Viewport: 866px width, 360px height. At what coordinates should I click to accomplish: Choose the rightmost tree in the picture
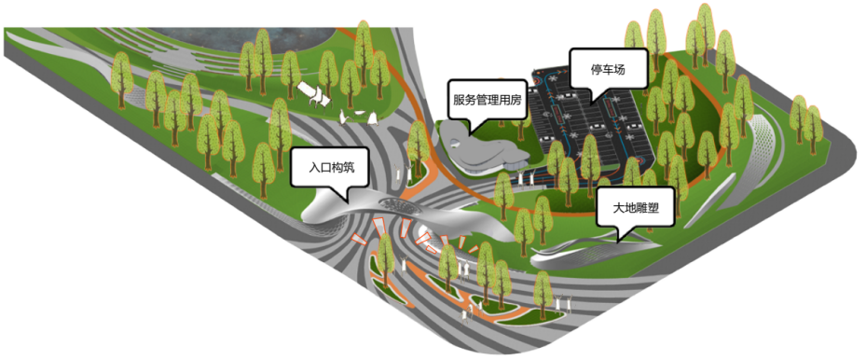pyautogui.click(x=813, y=126)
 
